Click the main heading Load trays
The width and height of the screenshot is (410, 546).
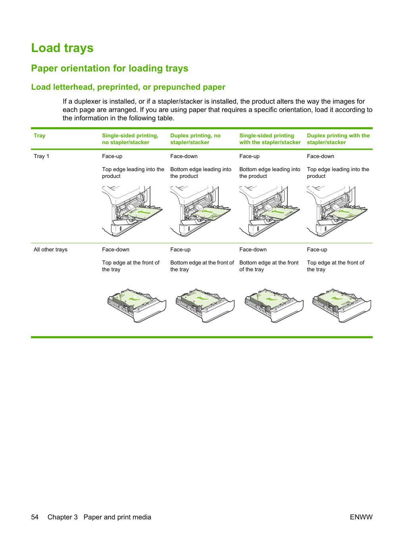(x=62, y=48)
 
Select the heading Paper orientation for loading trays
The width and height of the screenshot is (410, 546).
(x=110, y=68)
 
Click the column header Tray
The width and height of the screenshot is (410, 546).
(x=40, y=135)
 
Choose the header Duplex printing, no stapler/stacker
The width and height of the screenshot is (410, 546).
(x=195, y=139)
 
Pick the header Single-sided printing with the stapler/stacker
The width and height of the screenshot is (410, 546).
(x=270, y=139)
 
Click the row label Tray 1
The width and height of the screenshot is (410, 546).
(x=42, y=156)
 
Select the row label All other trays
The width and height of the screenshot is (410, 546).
(x=50, y=249)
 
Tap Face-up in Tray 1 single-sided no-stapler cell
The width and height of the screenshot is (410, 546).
(x=112, y=156)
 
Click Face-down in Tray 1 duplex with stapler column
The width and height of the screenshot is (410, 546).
(x=320, y=156)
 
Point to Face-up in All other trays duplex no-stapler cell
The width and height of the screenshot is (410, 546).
(x=181, y=249)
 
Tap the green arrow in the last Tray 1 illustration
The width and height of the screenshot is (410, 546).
(x=344, y=212)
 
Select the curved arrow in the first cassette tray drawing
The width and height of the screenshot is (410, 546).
(x=136, y=298)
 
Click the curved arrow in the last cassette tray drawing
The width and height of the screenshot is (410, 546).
(x=339, y=298)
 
